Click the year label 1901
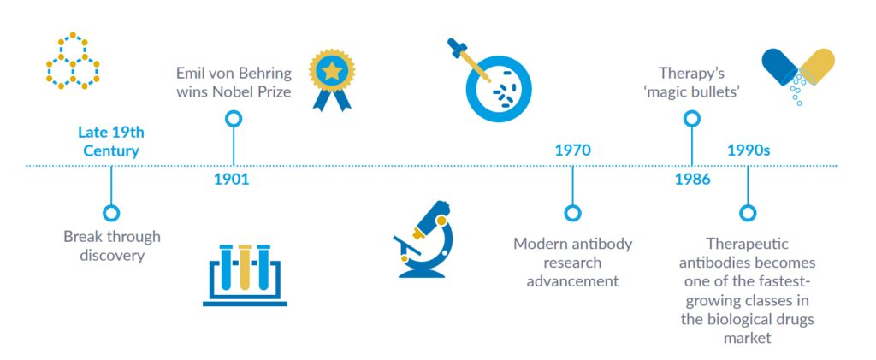tap(231, 180)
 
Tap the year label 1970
tap(572, 150)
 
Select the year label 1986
tap(691, 180)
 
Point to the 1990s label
tap(749, 150)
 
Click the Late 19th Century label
tap(110, 141)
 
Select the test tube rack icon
tap(245, 273)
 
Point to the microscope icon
tap(424, 240)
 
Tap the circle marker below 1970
tap(572, 213)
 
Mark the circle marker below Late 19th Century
tap(110, 213)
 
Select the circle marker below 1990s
tap(748, 213)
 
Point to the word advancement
tap(571, 280)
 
